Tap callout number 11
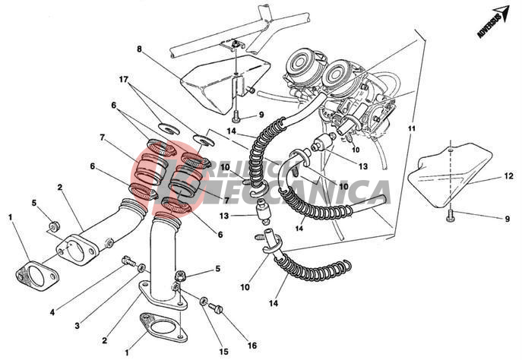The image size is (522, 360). coord(412,130)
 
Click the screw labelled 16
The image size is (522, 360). coord(216,308)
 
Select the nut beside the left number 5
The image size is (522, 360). coord(54,226)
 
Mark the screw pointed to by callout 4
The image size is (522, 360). coord(125,263)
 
